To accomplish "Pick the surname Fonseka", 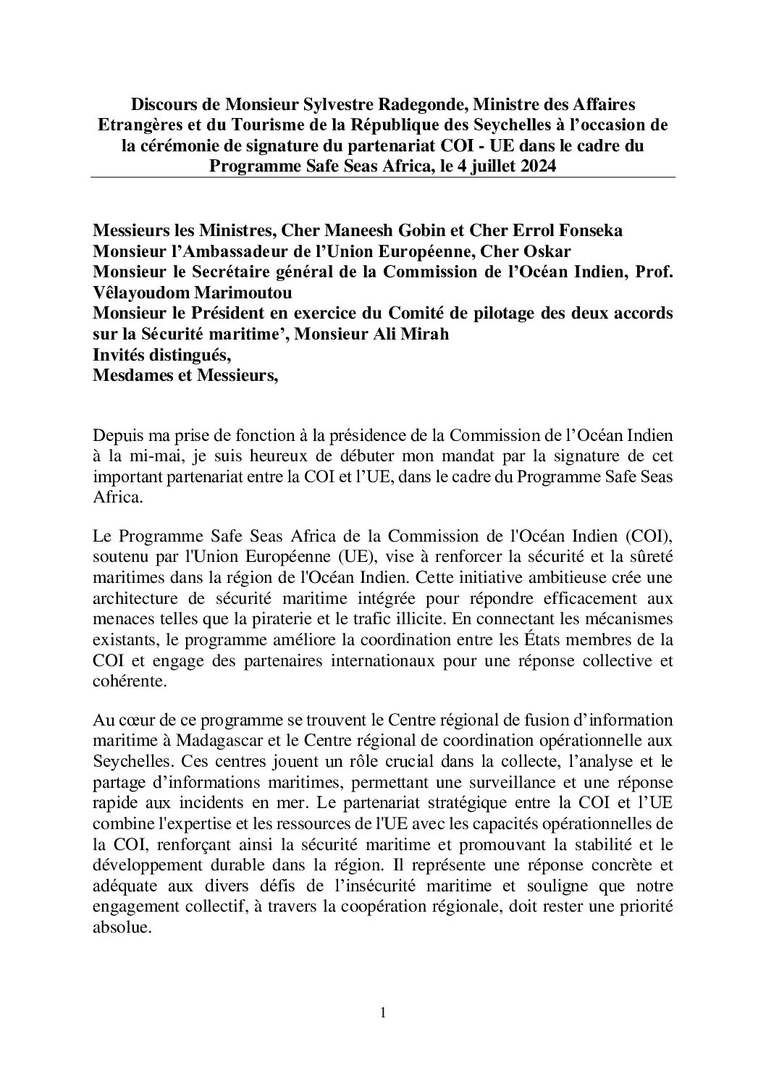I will coord(585,231).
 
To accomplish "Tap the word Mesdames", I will coord(129,375).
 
